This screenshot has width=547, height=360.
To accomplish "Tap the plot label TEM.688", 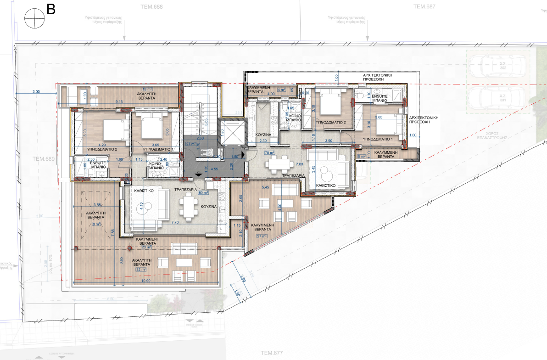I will point(151,7).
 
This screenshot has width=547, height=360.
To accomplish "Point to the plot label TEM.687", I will point(424,7).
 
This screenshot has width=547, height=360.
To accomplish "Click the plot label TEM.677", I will point(272,353).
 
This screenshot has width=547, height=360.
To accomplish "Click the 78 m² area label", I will point(269,153).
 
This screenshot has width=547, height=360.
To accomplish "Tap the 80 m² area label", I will point(203,193).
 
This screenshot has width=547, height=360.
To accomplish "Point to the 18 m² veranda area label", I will point(146,90).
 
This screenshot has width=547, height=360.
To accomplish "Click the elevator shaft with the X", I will point(231,133).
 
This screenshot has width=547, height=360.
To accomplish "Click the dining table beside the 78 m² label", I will point(279,163).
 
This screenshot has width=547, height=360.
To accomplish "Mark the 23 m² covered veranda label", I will point(146,247).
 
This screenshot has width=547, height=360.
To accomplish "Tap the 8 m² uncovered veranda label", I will point(96,225).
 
